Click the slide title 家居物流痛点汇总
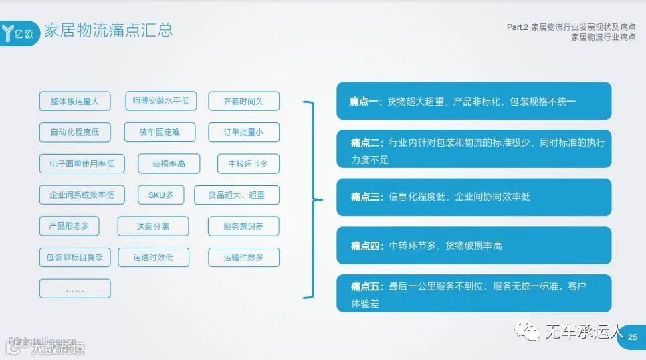coord(108,30)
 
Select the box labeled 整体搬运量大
coord(75,101)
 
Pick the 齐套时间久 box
coord(243,101)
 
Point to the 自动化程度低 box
coord(75,132)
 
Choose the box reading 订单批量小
coord(243,132)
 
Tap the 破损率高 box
coord(169,163)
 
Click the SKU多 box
coord(160,195)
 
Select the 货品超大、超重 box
coord(237,195)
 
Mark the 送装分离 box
coord(153,226)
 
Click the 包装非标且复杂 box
coord(75,257)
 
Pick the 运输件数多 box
coord(243,257)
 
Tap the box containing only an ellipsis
coord(75,288)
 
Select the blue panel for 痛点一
coord(473,101)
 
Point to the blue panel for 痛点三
coord(473,197)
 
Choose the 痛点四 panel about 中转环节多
coord(473,246)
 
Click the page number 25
coord(633,337)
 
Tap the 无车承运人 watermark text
coord(584,331)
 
